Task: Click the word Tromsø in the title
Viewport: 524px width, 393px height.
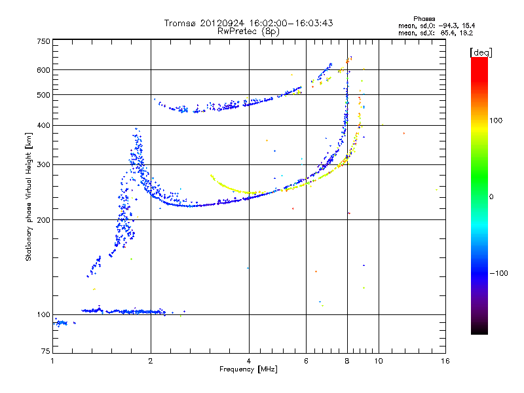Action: pos(179,23)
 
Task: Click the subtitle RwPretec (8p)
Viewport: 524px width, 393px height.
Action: pos(248,31)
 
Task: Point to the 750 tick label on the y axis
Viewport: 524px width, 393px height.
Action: pos(43,41)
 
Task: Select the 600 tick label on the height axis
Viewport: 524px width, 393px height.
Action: pos(43,70)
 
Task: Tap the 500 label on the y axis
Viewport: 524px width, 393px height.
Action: pos(43,95)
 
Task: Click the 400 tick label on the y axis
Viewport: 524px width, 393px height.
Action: pos(43,126)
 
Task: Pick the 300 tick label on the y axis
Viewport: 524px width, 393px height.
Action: pos(43,165)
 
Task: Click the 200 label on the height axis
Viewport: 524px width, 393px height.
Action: pos(43,220)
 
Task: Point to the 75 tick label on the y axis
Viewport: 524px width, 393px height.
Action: pos(46,351)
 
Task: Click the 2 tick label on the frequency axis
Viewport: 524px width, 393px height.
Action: pos(151,361)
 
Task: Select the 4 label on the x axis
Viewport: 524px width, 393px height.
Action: pos(249,361)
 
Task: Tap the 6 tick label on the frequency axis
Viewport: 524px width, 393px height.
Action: pos(306,361)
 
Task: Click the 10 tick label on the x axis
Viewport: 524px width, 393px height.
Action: pos(379,361)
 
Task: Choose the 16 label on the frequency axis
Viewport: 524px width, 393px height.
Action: pos(445,361)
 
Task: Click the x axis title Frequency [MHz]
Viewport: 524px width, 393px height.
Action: pos(248,369)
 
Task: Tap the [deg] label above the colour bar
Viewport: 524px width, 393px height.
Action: pos(481,53)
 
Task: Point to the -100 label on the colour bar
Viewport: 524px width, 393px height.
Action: pos(498,273)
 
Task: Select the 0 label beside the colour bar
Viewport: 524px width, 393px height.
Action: pos(491,197)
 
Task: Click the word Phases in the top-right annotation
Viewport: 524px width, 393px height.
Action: pos(424,19)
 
